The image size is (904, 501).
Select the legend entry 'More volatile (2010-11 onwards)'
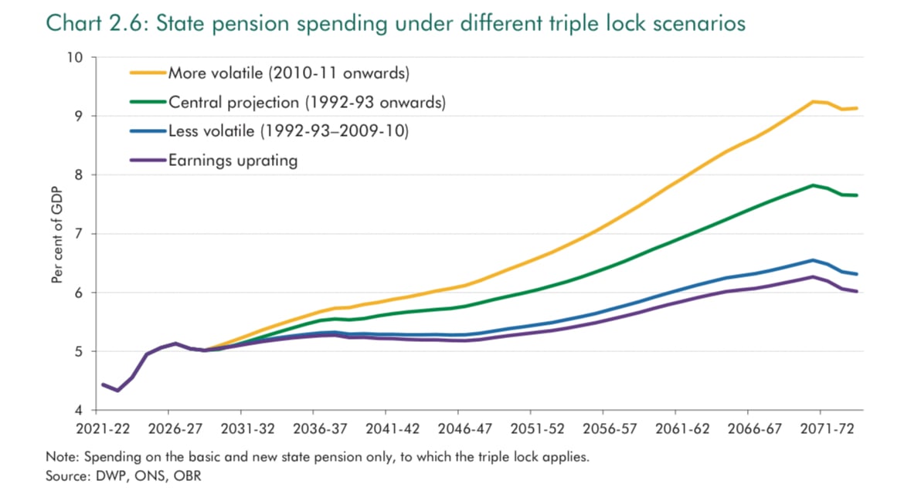[288, 74]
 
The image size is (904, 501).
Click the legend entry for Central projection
[307, 103]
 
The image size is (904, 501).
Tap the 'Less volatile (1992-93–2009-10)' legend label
[288, 131]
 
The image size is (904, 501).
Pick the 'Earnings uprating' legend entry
[233, 161]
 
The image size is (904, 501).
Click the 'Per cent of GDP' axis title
[57, 234]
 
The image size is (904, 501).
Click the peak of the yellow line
[813, 101]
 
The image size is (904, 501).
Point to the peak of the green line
[813, 185]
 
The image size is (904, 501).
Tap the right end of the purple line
[857, 291]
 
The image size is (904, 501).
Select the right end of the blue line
[857, 274]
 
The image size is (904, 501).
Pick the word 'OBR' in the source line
[189, 476]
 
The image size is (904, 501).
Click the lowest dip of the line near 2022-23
[117, 391]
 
